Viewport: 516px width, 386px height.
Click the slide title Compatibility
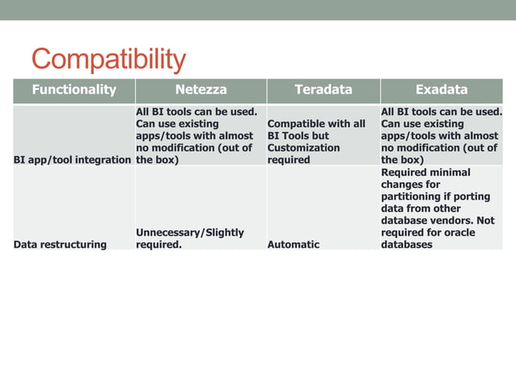(108, 59)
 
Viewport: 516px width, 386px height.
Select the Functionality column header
(74, 90)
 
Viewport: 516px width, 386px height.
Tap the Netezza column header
(201, 90)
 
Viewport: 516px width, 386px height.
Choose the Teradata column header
(323, 90)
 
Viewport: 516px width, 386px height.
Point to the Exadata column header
(441, 90)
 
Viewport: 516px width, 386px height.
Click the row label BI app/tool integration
(73, 160)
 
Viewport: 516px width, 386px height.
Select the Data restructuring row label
(60, 245)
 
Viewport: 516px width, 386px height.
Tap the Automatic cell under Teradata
(293, 245)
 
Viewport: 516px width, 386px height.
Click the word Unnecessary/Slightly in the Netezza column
(189, 233)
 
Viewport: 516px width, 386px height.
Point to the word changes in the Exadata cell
(403, 184)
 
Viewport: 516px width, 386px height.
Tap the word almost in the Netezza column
(237, 136)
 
